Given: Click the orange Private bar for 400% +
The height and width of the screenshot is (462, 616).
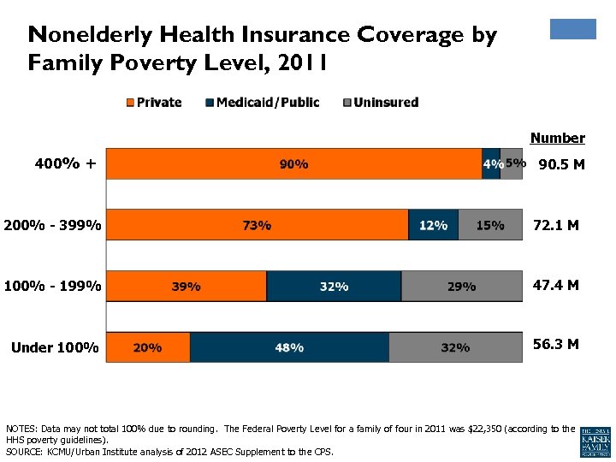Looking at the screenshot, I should (x=293, y=163).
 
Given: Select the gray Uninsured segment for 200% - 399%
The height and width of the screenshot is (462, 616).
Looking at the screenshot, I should (x=490, y=225).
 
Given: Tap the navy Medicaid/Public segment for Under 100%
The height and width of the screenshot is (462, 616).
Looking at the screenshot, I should (x=289, y=347).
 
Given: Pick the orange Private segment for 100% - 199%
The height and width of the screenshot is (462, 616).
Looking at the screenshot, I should (x=187, y=287).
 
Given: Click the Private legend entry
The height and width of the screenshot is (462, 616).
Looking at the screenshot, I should (x=154, y=103).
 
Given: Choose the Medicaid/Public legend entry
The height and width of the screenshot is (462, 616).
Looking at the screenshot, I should (x=263, y=103).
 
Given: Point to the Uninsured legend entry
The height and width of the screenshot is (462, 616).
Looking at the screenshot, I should (x=381, y=103).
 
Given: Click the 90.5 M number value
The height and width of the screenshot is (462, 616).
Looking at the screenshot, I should (x=561, y=164).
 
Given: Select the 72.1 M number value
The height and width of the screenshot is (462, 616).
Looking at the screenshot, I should (x=556, y=226).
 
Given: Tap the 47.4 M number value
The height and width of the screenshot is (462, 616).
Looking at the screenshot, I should (x=556, y=285).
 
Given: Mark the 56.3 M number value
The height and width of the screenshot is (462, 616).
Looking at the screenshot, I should (x=556, y=344).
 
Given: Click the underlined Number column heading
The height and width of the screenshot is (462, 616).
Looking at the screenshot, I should (x=558, y=139).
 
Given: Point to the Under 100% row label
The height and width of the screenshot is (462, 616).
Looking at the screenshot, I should (x=55, y=348).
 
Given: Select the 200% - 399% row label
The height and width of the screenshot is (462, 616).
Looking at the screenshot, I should (x=53, y=226).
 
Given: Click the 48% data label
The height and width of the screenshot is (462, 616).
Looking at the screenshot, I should (x=289, y=348).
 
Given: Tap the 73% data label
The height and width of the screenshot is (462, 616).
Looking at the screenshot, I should (x=257, y=226).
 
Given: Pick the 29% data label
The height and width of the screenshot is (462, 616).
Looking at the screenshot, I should (x=462, y=287).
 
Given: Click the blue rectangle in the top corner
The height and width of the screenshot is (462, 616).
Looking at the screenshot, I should (x=573, y=29).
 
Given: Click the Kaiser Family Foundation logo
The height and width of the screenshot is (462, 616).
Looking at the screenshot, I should (x=595, y=441).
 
